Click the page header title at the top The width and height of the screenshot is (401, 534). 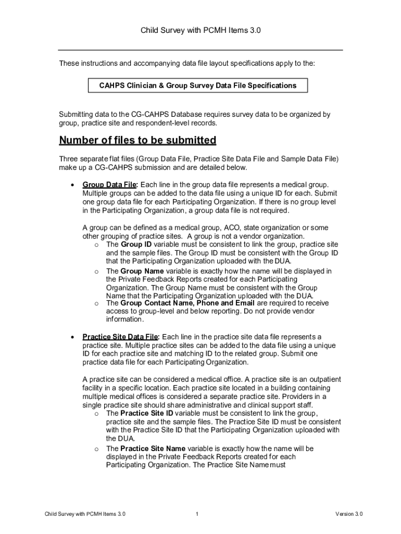coord(200,31)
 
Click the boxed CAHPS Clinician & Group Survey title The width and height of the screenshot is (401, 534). coord(198,86)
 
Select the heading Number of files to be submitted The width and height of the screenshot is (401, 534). coord(137,141)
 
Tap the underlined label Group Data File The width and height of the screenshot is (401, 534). coord(109,185)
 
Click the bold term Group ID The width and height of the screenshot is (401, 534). coord(136,245)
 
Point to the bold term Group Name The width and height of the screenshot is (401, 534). coord(142,271)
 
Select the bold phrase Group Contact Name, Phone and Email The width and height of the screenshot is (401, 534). coord(187,303)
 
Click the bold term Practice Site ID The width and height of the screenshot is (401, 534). coord(146,414)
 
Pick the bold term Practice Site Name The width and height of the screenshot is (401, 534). coord(153,448)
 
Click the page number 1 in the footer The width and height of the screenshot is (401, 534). coord(197,514)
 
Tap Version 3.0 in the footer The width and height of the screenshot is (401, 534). coord(349,514)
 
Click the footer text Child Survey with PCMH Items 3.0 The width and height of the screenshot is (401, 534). coord(85,514)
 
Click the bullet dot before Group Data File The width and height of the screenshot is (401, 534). coord(71,185)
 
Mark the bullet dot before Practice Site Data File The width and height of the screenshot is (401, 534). coord(71,337)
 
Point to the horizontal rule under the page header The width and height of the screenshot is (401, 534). coord(200,50)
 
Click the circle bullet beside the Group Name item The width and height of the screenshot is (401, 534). coord(96,272)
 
